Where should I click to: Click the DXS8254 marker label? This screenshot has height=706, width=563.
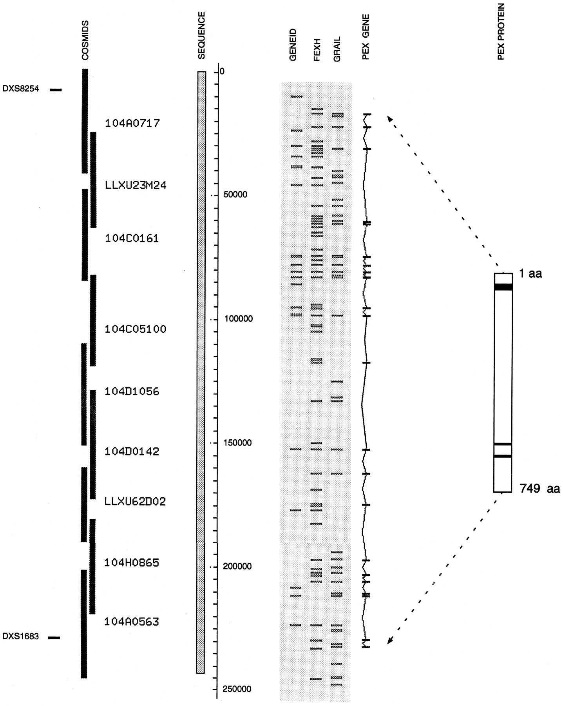(x=21, y=89)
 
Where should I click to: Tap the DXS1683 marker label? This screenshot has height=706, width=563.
(x=20, y=636)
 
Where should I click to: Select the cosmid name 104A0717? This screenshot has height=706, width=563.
(x=132, y=124)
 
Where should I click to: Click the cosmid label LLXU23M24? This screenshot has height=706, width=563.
(x=136, y=185)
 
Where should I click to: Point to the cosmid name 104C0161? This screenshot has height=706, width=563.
(x=132, y=238)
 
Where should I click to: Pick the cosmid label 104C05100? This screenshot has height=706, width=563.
(x=135, y=329)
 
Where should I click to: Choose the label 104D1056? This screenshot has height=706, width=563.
(x=132, y=391)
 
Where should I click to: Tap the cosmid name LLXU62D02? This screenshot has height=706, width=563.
(x=135, y=501)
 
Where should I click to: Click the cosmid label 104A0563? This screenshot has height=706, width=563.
(x=131, y=622)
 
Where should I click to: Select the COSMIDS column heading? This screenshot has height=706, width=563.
(x=85, y=40)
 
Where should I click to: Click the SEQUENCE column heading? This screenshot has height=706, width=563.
(x=201, y=35)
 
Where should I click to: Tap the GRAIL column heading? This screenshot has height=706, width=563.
(x=337, y=49)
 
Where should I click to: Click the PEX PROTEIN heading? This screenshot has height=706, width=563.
(x=501, y=31)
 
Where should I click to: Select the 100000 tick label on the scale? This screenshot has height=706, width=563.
(x=238, y=319)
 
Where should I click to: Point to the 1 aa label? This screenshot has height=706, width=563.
(x=530, y=274)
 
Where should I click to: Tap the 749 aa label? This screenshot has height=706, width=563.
(x=539, y=489)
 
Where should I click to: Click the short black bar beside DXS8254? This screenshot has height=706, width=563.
(x=56, y=90)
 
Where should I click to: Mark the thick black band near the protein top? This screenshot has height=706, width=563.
(x=503, y=287)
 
